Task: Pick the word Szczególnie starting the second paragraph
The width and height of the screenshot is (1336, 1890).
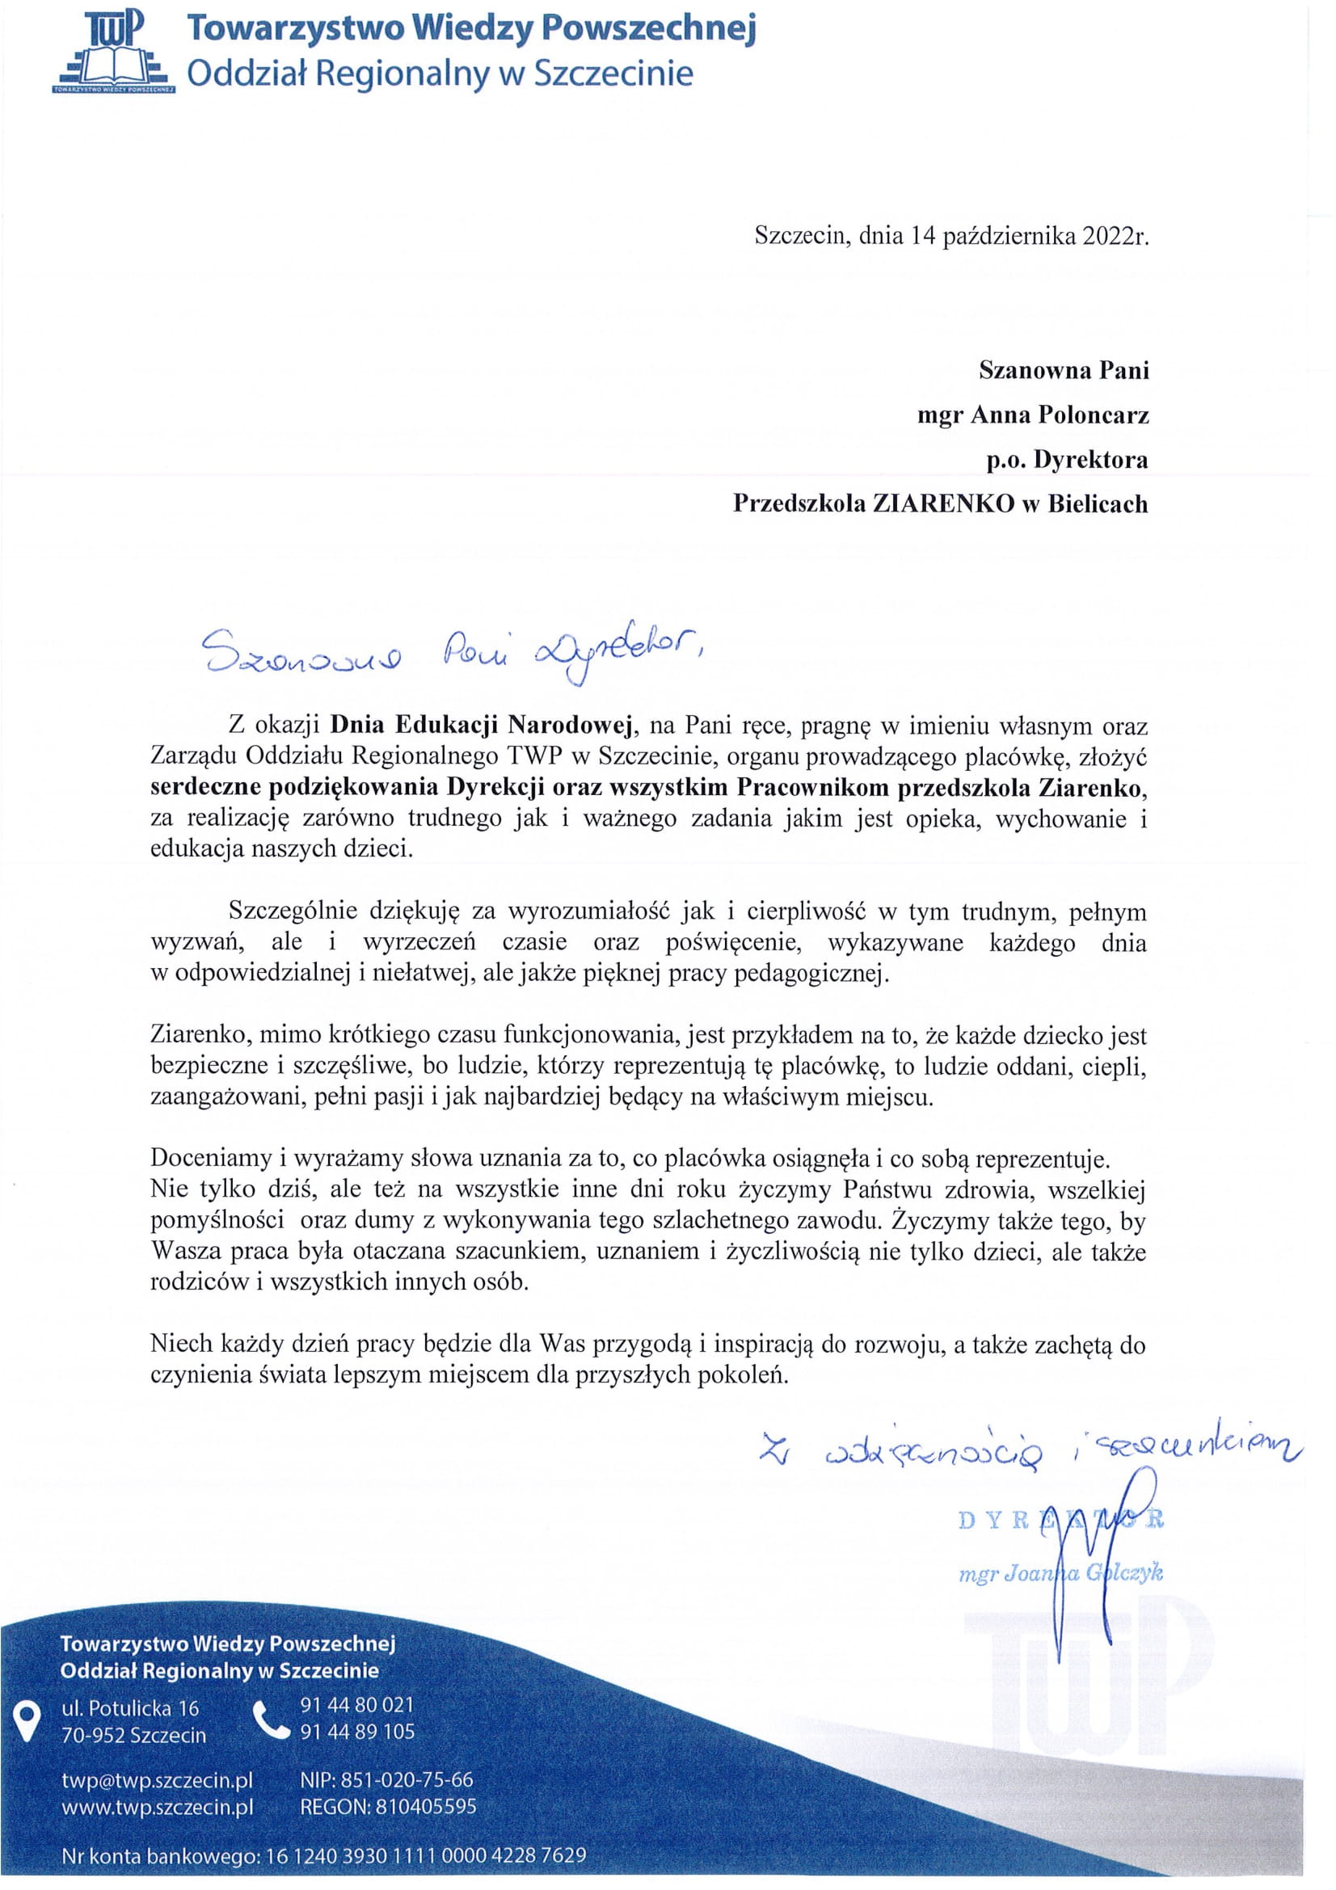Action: click(x=293, y=911)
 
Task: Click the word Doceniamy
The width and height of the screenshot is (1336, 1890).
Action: click(x=210, y=1159)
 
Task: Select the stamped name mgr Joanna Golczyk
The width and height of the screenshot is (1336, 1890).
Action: click(x=1060, y=1573)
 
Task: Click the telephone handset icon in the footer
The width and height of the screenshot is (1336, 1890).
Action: click(x=271, y=1719)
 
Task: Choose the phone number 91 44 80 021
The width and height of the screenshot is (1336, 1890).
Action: click(x=356, y=1705)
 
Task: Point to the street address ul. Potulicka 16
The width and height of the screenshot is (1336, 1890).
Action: click(x=130, y=1708)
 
